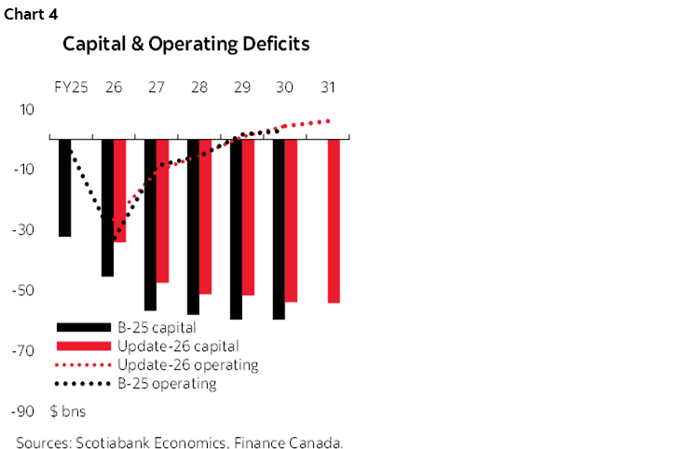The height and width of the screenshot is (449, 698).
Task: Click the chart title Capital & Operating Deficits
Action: [x=185, y=44]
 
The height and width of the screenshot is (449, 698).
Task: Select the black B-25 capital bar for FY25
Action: [x=64, y=186]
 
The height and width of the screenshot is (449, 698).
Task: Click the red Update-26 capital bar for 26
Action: [x=119, y=190]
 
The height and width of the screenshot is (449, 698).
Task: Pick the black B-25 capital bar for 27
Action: [x=150, y=224]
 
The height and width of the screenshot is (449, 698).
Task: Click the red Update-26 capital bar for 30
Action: [x=291, y=220]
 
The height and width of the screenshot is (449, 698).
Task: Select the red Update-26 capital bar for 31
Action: [x=334, y=221]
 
